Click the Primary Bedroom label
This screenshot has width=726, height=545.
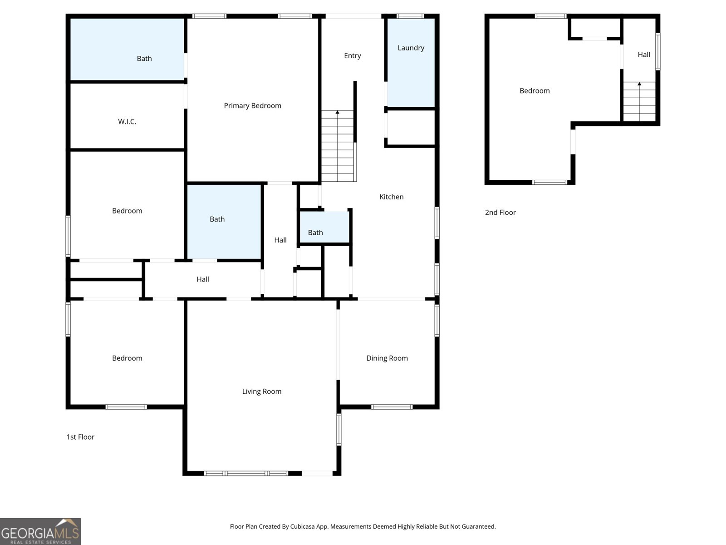tap(252, 105)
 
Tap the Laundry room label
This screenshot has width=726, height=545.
tap(411, 48)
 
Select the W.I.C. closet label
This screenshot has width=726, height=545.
tap(127, 121)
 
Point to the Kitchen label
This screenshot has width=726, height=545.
tap(391, 197)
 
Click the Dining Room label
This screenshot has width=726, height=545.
tap(387, 358)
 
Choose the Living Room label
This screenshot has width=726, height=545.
tap(262, 391)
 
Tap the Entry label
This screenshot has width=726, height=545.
tap(352, 55)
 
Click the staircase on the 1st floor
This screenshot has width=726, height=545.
tap(338, 146)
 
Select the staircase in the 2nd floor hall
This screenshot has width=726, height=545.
tap(639, 102)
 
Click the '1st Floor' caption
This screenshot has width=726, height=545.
tap(80, 437)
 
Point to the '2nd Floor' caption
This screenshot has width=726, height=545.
tap(500, 213)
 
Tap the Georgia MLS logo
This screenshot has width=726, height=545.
tap(40, 531)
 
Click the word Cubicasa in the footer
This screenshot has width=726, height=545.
tap(302, 526)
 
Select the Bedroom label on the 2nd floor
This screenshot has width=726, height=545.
tap(535, 91)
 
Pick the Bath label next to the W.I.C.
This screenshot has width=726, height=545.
tap(144, 59)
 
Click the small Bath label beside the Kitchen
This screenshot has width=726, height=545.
tap(315, 233)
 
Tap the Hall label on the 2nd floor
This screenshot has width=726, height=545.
tap(643, 54)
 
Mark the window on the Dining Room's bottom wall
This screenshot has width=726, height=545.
tap(392, 407)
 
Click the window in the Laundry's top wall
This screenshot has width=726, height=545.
tap(410, 16)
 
